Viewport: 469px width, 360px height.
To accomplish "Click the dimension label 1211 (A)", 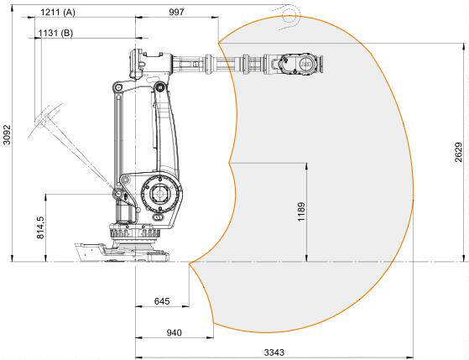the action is coord(58,13).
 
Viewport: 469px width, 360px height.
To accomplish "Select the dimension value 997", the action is coord(177,12).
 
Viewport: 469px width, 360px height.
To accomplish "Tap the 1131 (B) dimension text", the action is coord(55,33).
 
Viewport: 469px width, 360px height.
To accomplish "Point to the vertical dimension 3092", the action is coord(7,134).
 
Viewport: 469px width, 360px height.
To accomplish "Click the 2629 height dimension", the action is coord(459,153).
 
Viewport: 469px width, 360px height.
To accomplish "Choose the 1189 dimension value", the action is coord(301,211).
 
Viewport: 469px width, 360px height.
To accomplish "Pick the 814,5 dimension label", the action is coord(40,227).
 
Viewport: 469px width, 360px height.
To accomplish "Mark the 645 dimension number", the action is coord(162,301).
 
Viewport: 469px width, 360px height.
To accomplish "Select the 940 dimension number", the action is coord(174,332).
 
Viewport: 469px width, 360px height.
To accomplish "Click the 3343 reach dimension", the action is coord(274,352).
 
